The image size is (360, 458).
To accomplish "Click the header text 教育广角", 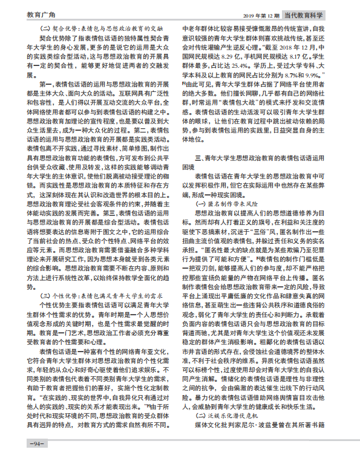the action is pos(22,12).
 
